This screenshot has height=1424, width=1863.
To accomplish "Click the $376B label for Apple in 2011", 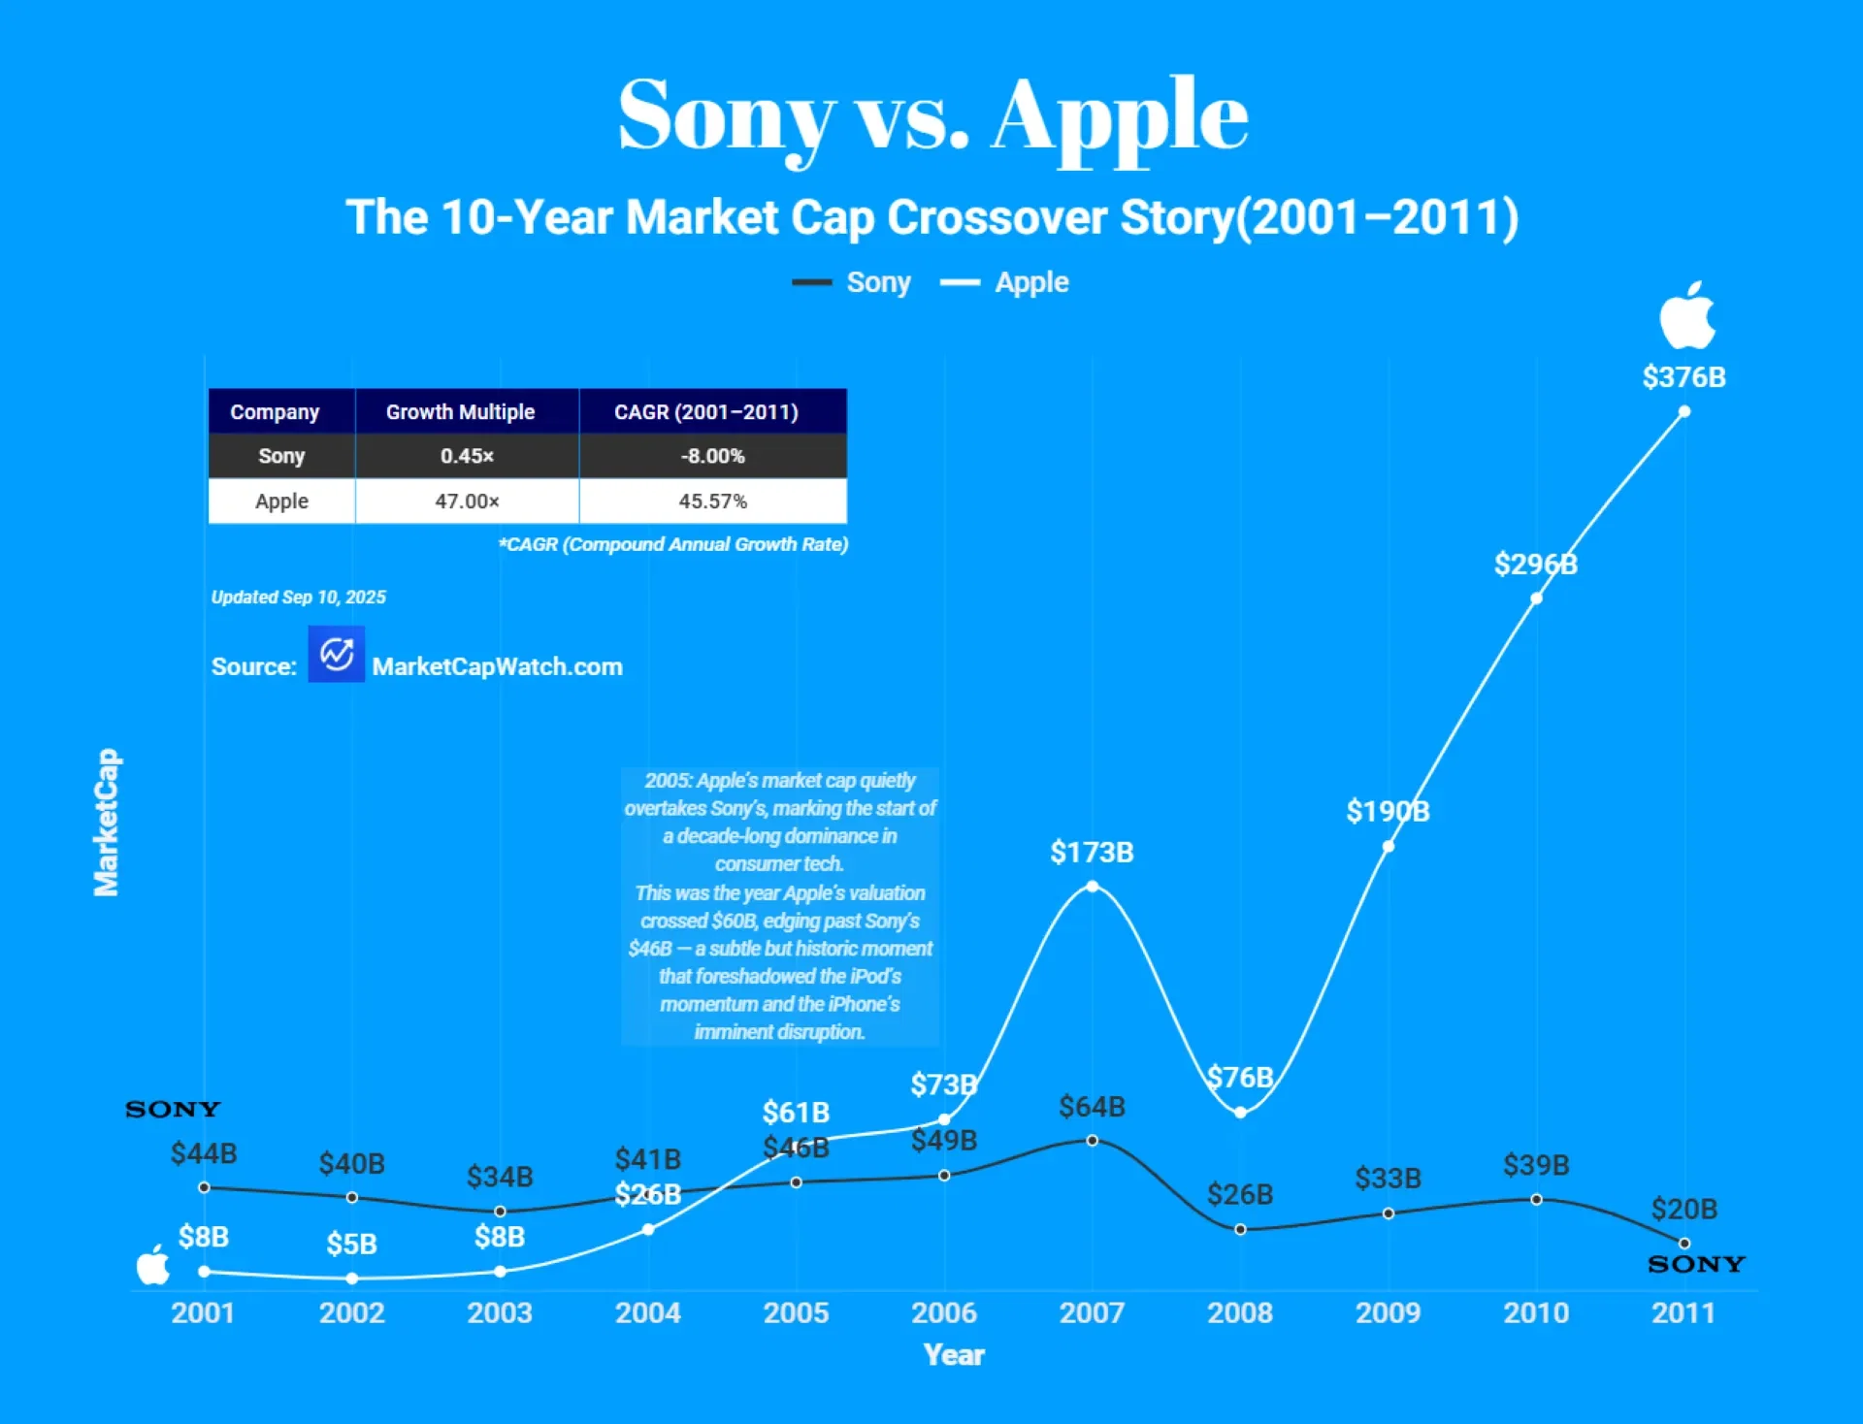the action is tap(1683, 376).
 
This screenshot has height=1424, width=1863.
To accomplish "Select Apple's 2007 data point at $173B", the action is tap(1093, 887).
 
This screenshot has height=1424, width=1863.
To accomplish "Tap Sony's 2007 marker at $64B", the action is tap(1093, 1141).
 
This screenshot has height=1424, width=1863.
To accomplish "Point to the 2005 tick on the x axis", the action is tap(796, 1312).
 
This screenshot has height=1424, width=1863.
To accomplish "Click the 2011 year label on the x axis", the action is tap(1683, 1312).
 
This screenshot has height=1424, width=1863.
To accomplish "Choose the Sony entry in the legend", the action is tap(851, 282).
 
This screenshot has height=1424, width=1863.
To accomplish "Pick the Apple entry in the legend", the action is tap(1004, 282).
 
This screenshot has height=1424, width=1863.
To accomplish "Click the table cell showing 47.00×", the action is tap(468, 501).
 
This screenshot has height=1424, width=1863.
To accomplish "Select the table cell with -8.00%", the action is tap(713, 456).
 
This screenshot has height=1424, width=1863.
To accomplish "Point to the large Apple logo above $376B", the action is tap(1687, 316).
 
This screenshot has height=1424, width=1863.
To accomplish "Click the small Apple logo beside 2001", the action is tap(153, 1265).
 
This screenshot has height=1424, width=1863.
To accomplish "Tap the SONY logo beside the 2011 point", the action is tap(1696, 1264).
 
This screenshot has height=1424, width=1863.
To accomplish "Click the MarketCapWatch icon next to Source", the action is tap(337, 654).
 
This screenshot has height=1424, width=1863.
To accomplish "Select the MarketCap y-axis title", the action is tap(106, 822).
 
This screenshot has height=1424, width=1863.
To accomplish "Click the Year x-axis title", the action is tap(954, 1355).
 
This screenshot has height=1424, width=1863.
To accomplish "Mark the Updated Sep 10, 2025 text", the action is tap(299, 597).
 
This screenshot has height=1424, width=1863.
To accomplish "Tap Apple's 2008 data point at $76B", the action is tap(1240, 1113).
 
